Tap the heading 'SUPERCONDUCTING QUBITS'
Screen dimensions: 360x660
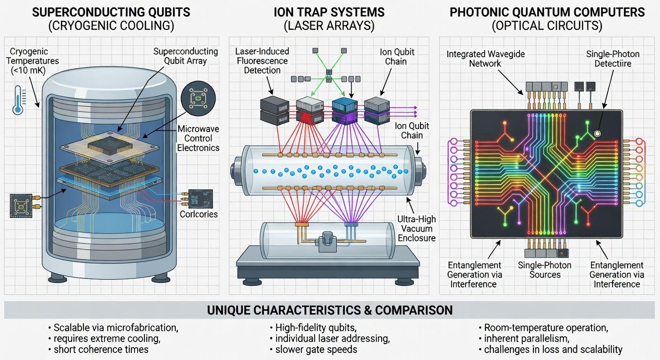click(x=111, y=12)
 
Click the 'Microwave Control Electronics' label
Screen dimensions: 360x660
click(x=198, y=138)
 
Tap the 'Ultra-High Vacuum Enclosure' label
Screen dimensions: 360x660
click(x=417, y=228)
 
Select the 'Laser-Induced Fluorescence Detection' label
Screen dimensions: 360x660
click(x=262, y=60)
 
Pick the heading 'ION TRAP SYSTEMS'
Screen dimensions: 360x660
click(x=329, y=12)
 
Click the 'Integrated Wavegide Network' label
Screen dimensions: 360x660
click(x=485, y=59)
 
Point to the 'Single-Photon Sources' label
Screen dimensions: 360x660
click(x=545, y=270)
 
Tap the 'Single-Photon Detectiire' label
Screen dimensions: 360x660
click(x=613, y=59)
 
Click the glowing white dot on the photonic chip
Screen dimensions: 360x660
click(x=597, y=134)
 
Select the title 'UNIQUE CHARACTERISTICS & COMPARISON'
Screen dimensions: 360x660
click(x=330, y=310)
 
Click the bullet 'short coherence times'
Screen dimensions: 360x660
click(x=101, y=349)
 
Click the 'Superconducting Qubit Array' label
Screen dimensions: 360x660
click(x=186, y=56)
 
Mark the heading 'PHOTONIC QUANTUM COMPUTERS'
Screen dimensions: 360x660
click(x=547, y=12)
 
